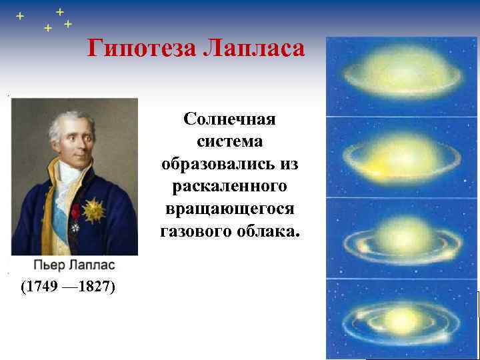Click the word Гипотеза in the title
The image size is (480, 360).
[137, 49]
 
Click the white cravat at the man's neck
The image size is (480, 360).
[67, 180]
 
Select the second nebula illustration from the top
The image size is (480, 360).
[401, 157]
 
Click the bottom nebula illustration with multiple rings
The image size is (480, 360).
[401, 319]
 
